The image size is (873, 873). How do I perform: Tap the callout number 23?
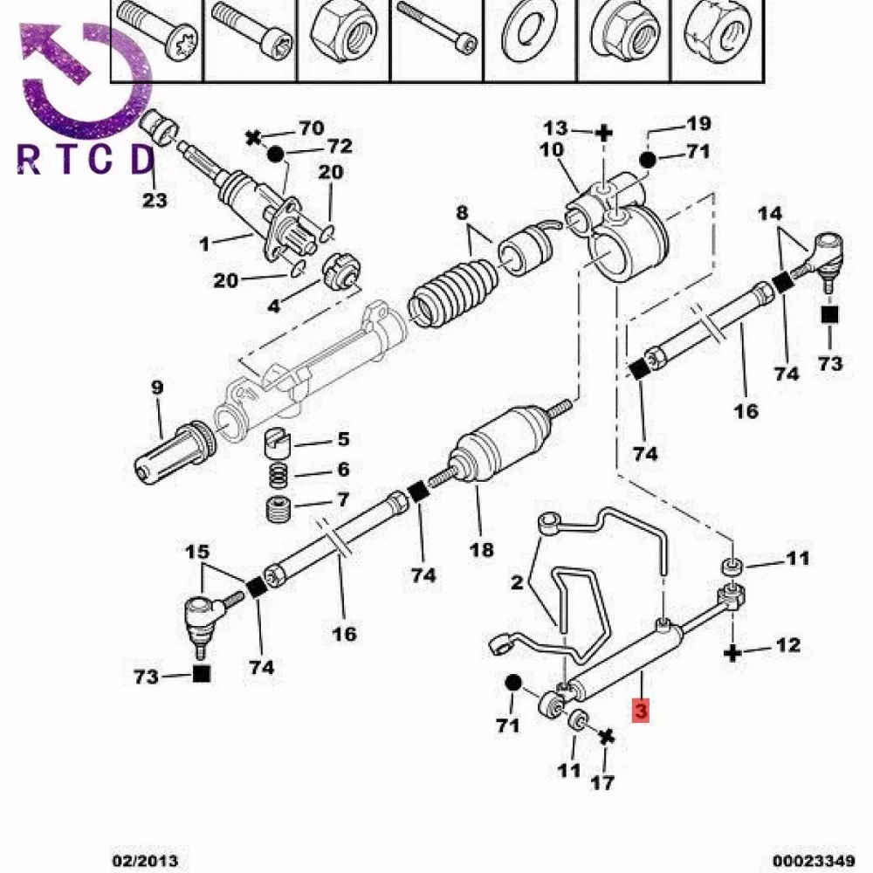[x=155, y=200]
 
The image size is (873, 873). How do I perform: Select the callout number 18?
[x=481, y=549]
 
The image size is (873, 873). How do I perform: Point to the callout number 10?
[x=551, y=149]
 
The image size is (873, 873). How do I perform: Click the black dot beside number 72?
[x=276, y=155]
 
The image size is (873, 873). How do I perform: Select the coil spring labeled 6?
[x=278, y=477]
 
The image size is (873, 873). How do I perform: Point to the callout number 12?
[x=787, y=645]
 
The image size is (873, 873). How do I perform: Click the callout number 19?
[x=699, y=124]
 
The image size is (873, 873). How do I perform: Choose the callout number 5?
[x=343, y=439]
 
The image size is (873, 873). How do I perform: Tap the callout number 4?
[x=274, y=306]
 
